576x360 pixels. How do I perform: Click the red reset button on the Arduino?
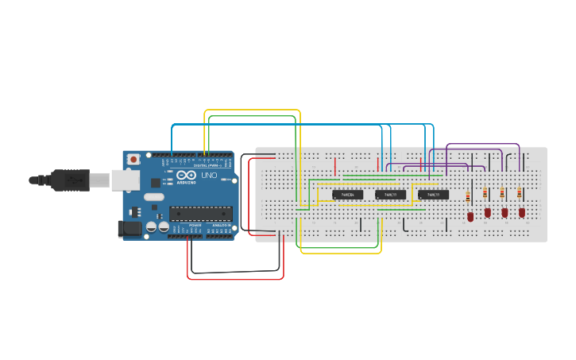pyautogui.click(x=133, y=159)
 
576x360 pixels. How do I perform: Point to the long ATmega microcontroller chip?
pyautogui.click(x=201, y=212)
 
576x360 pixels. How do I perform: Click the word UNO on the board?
pyautogui.click(x=209, y=176)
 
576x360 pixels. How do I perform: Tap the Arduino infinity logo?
pyautogui.click(x=186, y=176)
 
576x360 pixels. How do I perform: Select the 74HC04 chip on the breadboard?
pyautogui.click(x=347, y=195)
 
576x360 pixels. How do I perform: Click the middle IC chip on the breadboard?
pyautogui.click(x=390, y=195)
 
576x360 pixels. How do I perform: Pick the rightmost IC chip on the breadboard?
pyautogui.click(x=433, y=195)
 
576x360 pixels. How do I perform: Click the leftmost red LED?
pyautogui.click(x=470, y=215)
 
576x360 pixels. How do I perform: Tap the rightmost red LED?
pyautogui.click(x=522, y=212)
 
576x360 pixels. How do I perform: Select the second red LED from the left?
pyautogui.click(x=488, y=212)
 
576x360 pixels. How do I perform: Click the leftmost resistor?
pyautogui.click(x=468, y=195)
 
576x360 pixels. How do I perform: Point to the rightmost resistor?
pyautogui.click(x=520, y=192)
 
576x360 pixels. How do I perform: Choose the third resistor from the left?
pyautogui.click(x=502, y=193)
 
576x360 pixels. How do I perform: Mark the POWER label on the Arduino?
pyautogui.click(x=195, y=226)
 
